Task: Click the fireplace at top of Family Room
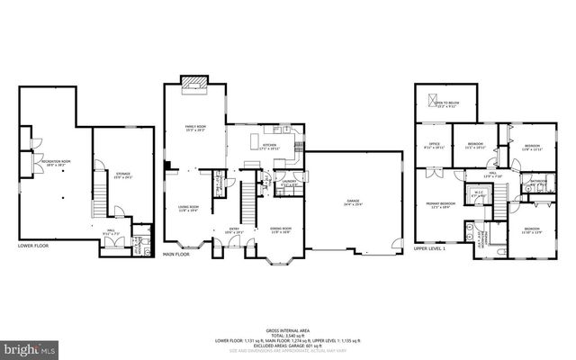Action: click(x=195, y=84)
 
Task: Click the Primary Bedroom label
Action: click(x=441, y=205)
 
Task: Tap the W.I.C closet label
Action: click(x=479, y=193)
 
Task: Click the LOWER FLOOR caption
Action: click(x=33, y=245)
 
